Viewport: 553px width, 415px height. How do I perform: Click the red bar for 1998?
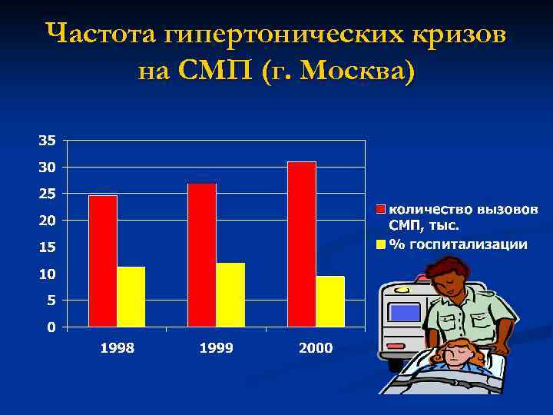coord(103,261)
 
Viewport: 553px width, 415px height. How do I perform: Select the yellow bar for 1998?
coord(131,297)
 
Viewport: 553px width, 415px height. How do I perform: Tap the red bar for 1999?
coord(202,255)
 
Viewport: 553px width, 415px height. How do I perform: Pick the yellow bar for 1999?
coord(230,295)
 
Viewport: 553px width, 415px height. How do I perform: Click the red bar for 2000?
coord(302,244)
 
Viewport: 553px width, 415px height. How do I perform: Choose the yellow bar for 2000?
coord(330,301)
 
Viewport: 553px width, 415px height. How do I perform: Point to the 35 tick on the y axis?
coord(47,141)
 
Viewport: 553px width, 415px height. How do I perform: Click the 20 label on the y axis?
coord(47,221)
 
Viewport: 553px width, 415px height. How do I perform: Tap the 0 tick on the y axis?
coord(51,327)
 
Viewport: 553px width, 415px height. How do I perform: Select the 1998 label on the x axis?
coord(118,348)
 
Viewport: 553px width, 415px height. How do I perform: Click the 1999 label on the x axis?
coord(217,348)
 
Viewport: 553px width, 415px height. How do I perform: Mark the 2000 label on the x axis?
coord(316,348)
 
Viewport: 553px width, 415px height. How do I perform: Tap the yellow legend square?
coord(380,244)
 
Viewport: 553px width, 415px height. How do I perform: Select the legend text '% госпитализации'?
coord(459,244)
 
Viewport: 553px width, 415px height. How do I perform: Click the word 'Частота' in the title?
coord(101,35)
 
